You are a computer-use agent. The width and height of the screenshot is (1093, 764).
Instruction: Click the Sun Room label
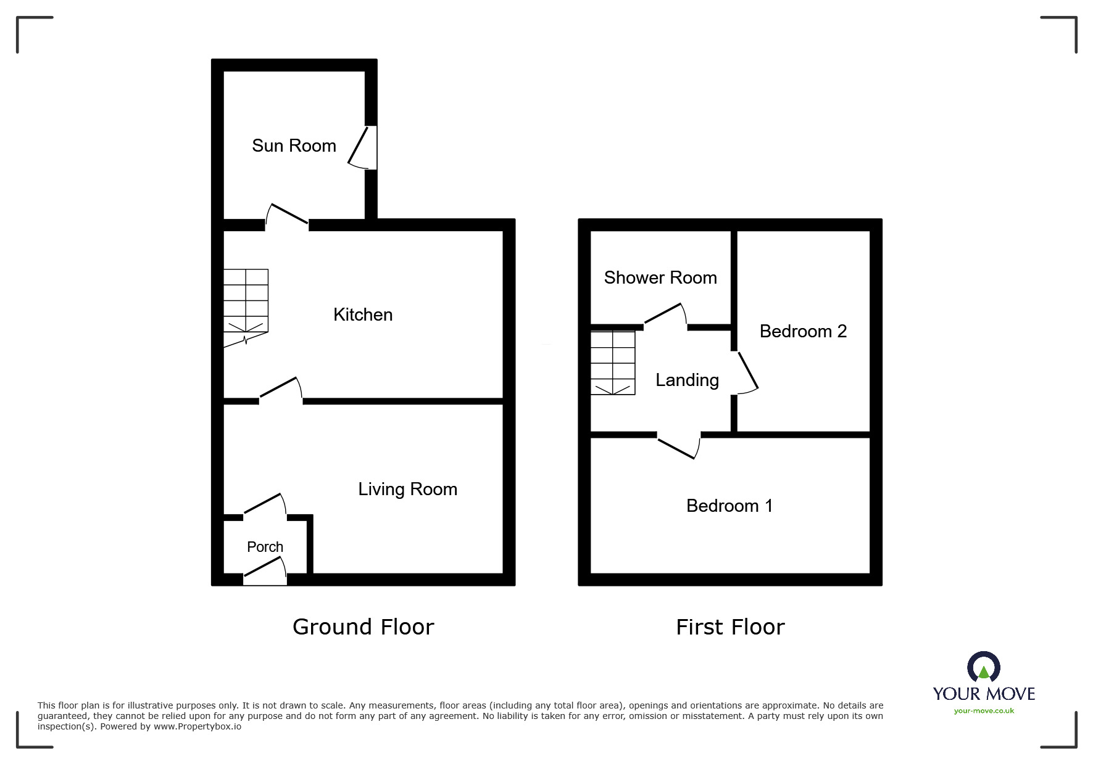(x=294, y=146)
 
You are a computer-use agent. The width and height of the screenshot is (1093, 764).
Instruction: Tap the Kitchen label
(x=363, y=315)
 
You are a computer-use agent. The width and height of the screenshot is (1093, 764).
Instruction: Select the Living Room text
(x=407, y=490)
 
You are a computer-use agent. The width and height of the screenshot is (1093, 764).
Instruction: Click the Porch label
(x=265, y=547)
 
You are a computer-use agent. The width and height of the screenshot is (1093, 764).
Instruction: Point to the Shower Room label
(x=660, y=278)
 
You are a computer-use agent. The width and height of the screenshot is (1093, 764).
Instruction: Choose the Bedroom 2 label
(x=802, y=332)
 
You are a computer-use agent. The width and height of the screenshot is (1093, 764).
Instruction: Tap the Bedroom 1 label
(x=729, y=506)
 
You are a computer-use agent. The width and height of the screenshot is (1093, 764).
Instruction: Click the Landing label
(x=687, y=380)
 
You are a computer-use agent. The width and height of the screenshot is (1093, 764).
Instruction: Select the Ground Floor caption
(x=363, y=627)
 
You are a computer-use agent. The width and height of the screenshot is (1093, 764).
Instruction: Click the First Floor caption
(x=730, y=627)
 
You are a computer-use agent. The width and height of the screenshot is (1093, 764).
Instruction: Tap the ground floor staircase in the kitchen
(x=246, y=305)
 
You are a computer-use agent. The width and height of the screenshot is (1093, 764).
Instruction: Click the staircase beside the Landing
(x=613, y=363)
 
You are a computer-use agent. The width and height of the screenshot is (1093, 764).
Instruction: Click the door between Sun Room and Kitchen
(x=287, y=217)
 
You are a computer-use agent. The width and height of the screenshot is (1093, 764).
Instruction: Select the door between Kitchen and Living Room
(x=281, y=391)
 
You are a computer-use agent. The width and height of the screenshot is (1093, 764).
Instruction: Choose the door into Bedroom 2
(x=746, y=372)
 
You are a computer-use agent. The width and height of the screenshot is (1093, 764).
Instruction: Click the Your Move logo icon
(x=983, y=667)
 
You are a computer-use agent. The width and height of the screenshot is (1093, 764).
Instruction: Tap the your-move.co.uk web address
(x=984, y=711)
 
